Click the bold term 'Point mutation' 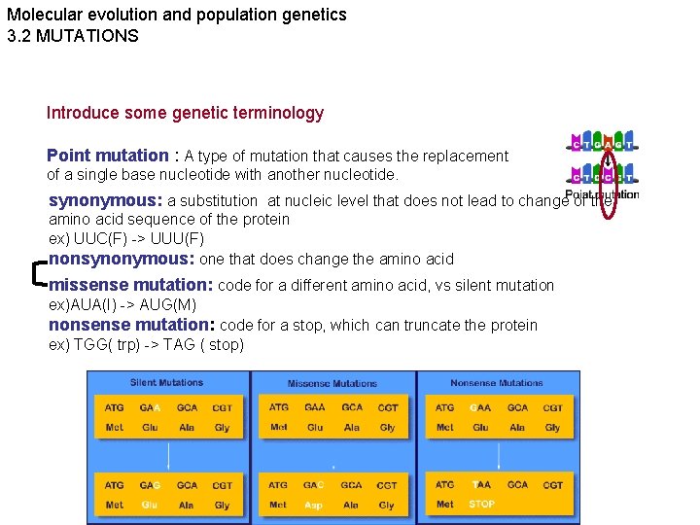click(x=107, y=156)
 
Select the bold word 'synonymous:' click(x=106, y=201)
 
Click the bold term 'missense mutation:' click(x=130, y=285)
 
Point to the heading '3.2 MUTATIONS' click(x=73, y=36)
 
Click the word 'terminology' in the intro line click(x=280, y=113)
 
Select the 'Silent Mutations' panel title click(x=166, y=383)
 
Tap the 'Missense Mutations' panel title click(x=333, y=384)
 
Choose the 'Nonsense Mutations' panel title click(x=496, y=383)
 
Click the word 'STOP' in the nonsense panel click(x=481, y=505)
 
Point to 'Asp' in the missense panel click(x=313, y=506)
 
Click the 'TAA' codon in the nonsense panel click(x=481, y=484)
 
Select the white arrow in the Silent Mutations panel click(x=169, y=455)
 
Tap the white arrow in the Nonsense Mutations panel click(x=498, y=455)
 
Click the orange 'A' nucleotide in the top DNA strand click(x=612, y=145)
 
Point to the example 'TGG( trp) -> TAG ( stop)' click(x=146, y=345)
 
